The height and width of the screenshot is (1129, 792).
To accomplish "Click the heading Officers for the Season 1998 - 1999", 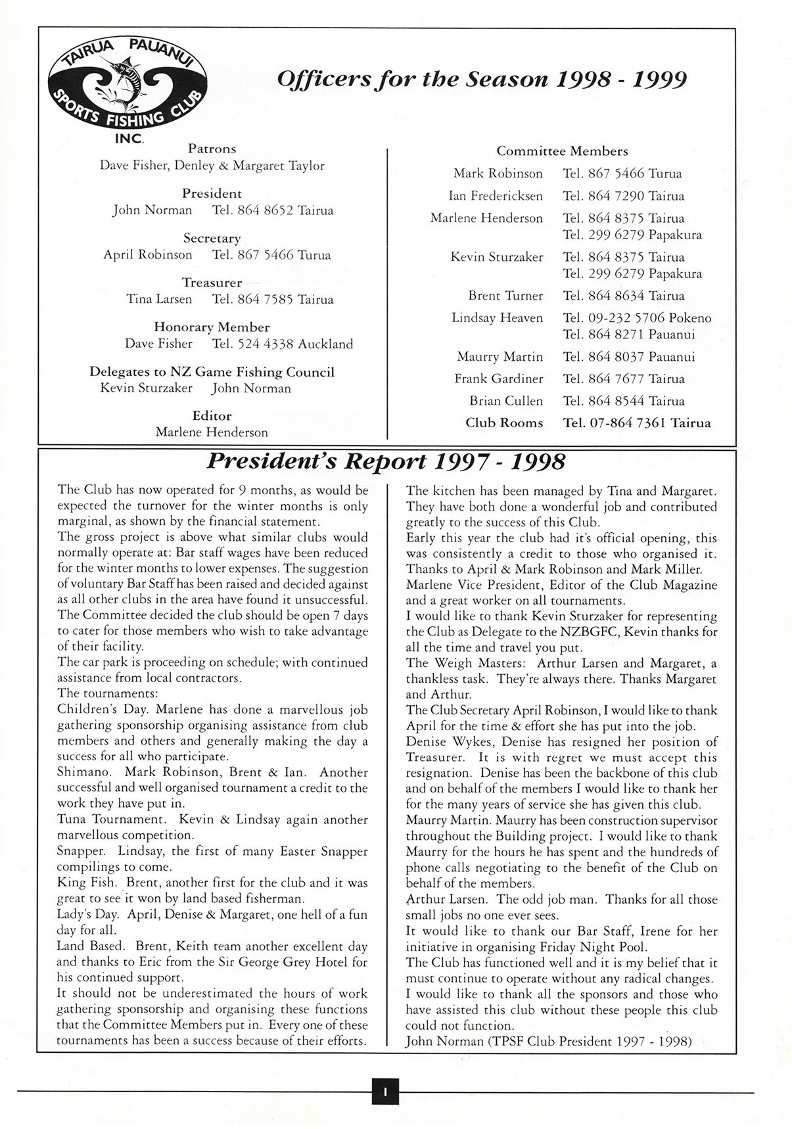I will [482, 80].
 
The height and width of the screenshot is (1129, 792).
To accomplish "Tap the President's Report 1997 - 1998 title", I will [386, 462].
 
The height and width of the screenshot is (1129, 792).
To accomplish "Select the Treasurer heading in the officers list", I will [212, 283].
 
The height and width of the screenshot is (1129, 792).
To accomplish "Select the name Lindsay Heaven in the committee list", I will [497, 318].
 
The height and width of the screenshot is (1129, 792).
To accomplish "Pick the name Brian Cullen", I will [506, 401].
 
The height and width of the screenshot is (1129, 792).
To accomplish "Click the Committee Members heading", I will [562, 151].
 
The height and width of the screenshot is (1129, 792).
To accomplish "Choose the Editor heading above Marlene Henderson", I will [212, 416].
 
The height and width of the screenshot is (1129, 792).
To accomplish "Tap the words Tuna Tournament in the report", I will [111, 819].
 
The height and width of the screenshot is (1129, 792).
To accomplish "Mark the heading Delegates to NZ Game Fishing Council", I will [212, 372].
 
